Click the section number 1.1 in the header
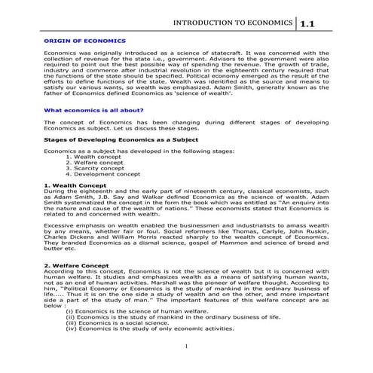pyautogui.click(x=309, y=24)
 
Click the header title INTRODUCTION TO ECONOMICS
pyautogui.click(x=234, y=23)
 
